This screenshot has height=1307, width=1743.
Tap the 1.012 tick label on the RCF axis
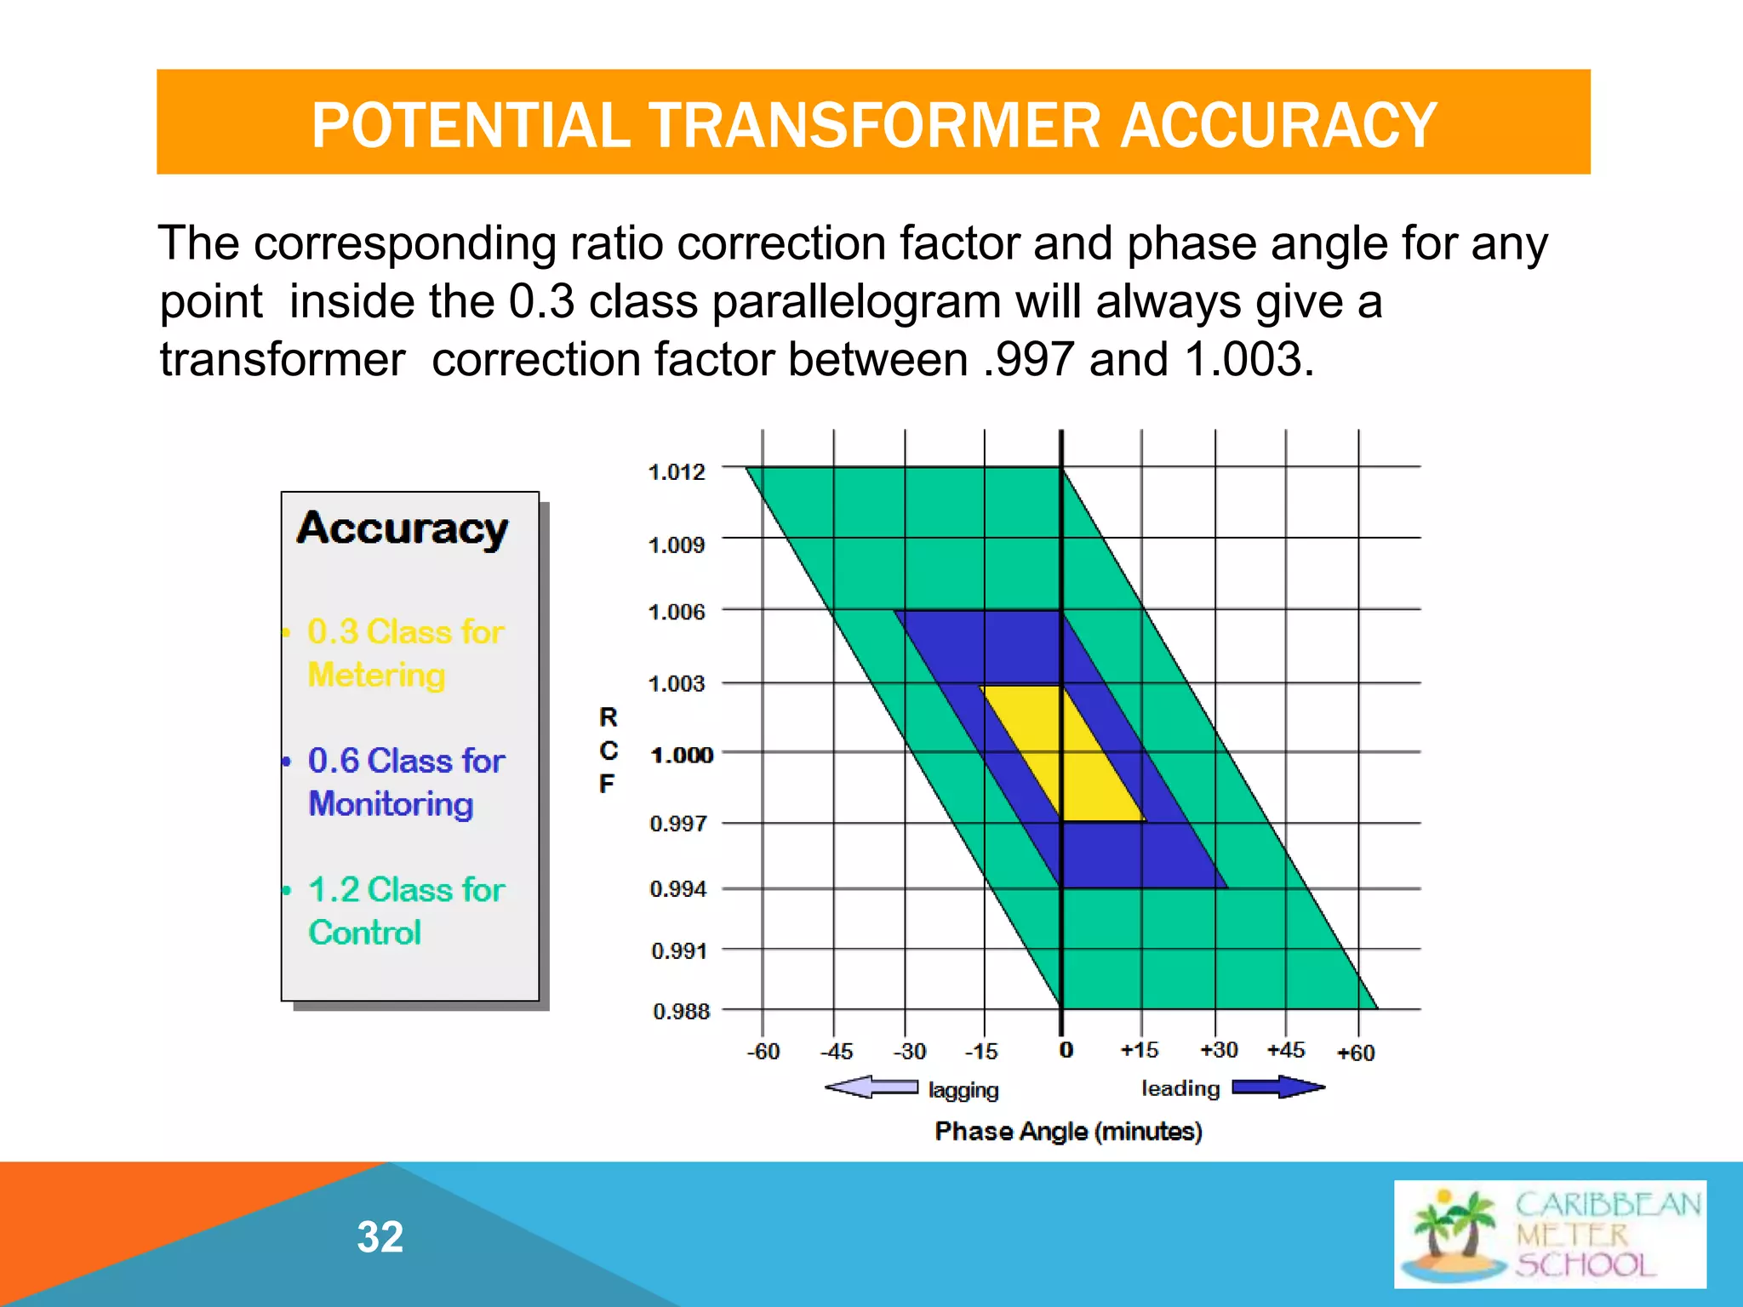pos(677,471)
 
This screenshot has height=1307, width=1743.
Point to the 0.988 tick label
pos(681,1012)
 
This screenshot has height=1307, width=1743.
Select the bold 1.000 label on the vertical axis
pos(681,755)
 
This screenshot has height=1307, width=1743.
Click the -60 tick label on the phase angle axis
pos(763,1052)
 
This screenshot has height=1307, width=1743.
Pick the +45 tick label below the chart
pos(1285,1050)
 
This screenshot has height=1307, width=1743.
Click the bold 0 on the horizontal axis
pos(1066,1050)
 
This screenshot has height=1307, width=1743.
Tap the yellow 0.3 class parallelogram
pos(1062,753)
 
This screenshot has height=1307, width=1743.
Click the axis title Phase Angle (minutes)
pos(1068,1132)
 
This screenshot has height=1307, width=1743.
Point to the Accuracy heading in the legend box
pos(402,529)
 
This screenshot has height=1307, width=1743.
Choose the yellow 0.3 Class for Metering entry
pos(405,653)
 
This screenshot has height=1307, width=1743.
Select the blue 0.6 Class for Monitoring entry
pos(405,782)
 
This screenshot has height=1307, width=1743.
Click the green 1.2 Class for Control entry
pos(405,910)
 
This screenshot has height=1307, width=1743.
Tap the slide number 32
pos(380,1236)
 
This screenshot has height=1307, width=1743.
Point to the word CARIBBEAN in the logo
pos(1607,1205)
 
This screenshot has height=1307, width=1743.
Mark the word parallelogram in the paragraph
pos(856,302)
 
